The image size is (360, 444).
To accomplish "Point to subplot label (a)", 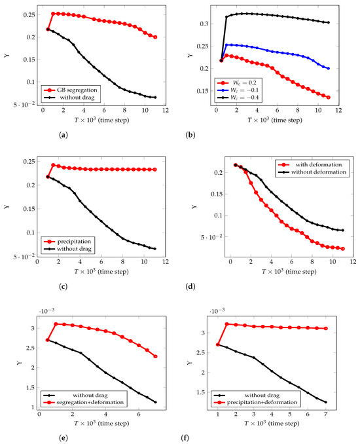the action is pyautogui.click(x=63, y=135).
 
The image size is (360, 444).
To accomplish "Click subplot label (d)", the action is pyautogui.click(x=190, y=287).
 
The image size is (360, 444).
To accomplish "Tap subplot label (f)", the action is pyautogui.click(x=185, y=438).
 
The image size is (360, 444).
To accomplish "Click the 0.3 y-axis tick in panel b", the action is pyautogui.click(x=204, y=24).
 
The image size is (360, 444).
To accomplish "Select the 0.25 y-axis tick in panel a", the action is pyautogui.click(x=29, y=14).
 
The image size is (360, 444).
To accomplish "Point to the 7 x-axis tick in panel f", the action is pyautogui.click(x=326, y=415).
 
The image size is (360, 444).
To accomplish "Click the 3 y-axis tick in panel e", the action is pyautogui.click(x=33, y=329).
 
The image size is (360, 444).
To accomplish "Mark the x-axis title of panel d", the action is pyautogui.click(x=289, y=272).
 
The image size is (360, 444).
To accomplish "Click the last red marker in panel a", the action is pyautogui.click(x=155, y=37).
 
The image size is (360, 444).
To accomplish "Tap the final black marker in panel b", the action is pyautogui.click(x=329, y=22).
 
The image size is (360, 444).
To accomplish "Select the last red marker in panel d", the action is pyautogui.click(x=343, y=249).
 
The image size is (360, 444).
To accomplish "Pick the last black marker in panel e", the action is pyautogui.click(x=155, y=402).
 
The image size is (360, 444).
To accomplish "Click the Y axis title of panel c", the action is pyautogui.click(x=7, y=207).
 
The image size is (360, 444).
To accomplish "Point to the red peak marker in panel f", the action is pyautogui.click(x=226, y=324).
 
